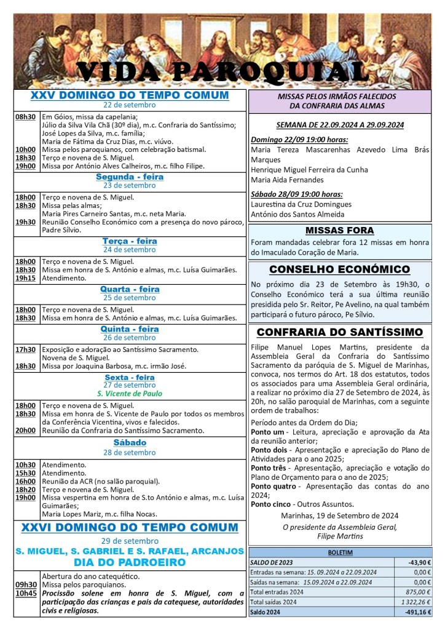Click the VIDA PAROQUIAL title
pos(222,73)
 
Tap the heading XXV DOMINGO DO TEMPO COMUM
pos(130,96)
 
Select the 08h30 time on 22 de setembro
pos(25,116)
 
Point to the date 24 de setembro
pos(130,250)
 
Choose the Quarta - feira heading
pos(130,289)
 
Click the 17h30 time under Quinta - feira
pos(25,349)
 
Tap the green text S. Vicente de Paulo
pos(129,393)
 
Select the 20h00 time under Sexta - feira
pos(25,431)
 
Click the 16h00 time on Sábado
pos(25,481)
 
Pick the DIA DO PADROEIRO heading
pos(129,562)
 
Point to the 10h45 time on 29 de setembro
pos(25,593)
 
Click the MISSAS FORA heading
pos(339,231)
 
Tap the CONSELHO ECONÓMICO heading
pos(339,269)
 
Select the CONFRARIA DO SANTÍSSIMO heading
pos(339,332)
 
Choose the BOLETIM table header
pos(340,552)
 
